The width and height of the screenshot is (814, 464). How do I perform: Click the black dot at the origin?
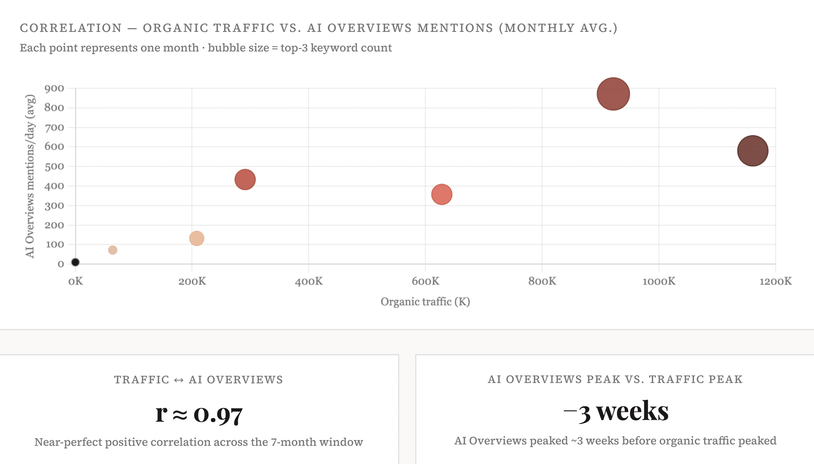coord(75,262)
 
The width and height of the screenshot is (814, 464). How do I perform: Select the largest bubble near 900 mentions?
coord(613,94)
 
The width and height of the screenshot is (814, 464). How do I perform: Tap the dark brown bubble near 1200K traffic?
coord(753,151)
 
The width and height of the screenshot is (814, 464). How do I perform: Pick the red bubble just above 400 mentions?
coord(245,179)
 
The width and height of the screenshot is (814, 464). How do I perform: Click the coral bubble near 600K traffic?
coord(442,194)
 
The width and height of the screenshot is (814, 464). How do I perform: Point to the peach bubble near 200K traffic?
coord(197,238)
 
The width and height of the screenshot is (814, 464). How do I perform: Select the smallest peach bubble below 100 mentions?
coord(113,250)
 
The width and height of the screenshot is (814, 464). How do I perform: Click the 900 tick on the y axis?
coord(54,89)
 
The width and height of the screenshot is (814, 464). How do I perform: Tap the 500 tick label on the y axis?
coord(54,166)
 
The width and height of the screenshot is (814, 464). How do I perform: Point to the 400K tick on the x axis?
coord(309,281)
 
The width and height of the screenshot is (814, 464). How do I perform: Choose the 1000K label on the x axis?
coord(659,281)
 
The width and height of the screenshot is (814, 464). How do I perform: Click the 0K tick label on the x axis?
coord(75,281)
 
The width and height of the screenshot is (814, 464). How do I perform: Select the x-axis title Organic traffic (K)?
coord(425,302)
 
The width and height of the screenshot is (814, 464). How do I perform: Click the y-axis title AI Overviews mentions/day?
coord(30,176)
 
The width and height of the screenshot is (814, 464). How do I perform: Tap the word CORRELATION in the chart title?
coord(71,28)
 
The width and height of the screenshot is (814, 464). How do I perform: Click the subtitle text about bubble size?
coord(206,48)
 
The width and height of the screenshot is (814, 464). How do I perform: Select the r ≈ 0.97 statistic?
coord(199,414)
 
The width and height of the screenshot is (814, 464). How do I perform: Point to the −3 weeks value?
coord(616,411)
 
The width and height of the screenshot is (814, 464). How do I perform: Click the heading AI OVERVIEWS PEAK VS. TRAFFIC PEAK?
coord(615,379)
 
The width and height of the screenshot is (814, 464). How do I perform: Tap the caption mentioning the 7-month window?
coord(199,442)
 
